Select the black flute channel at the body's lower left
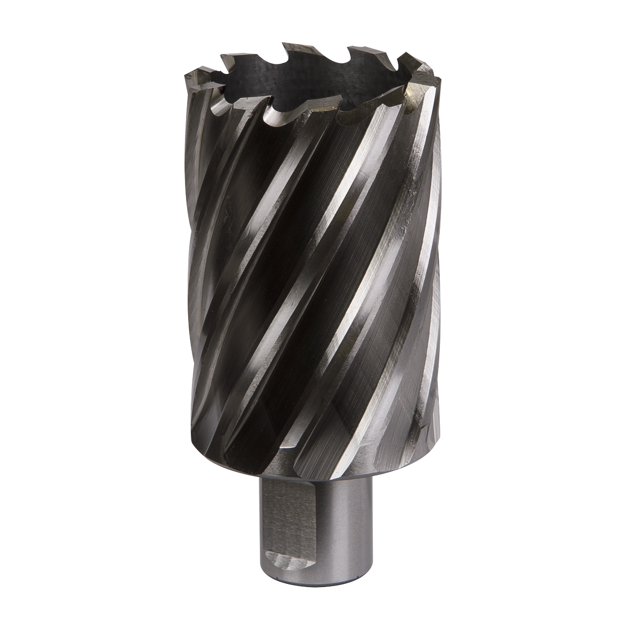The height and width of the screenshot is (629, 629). [220, 419]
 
